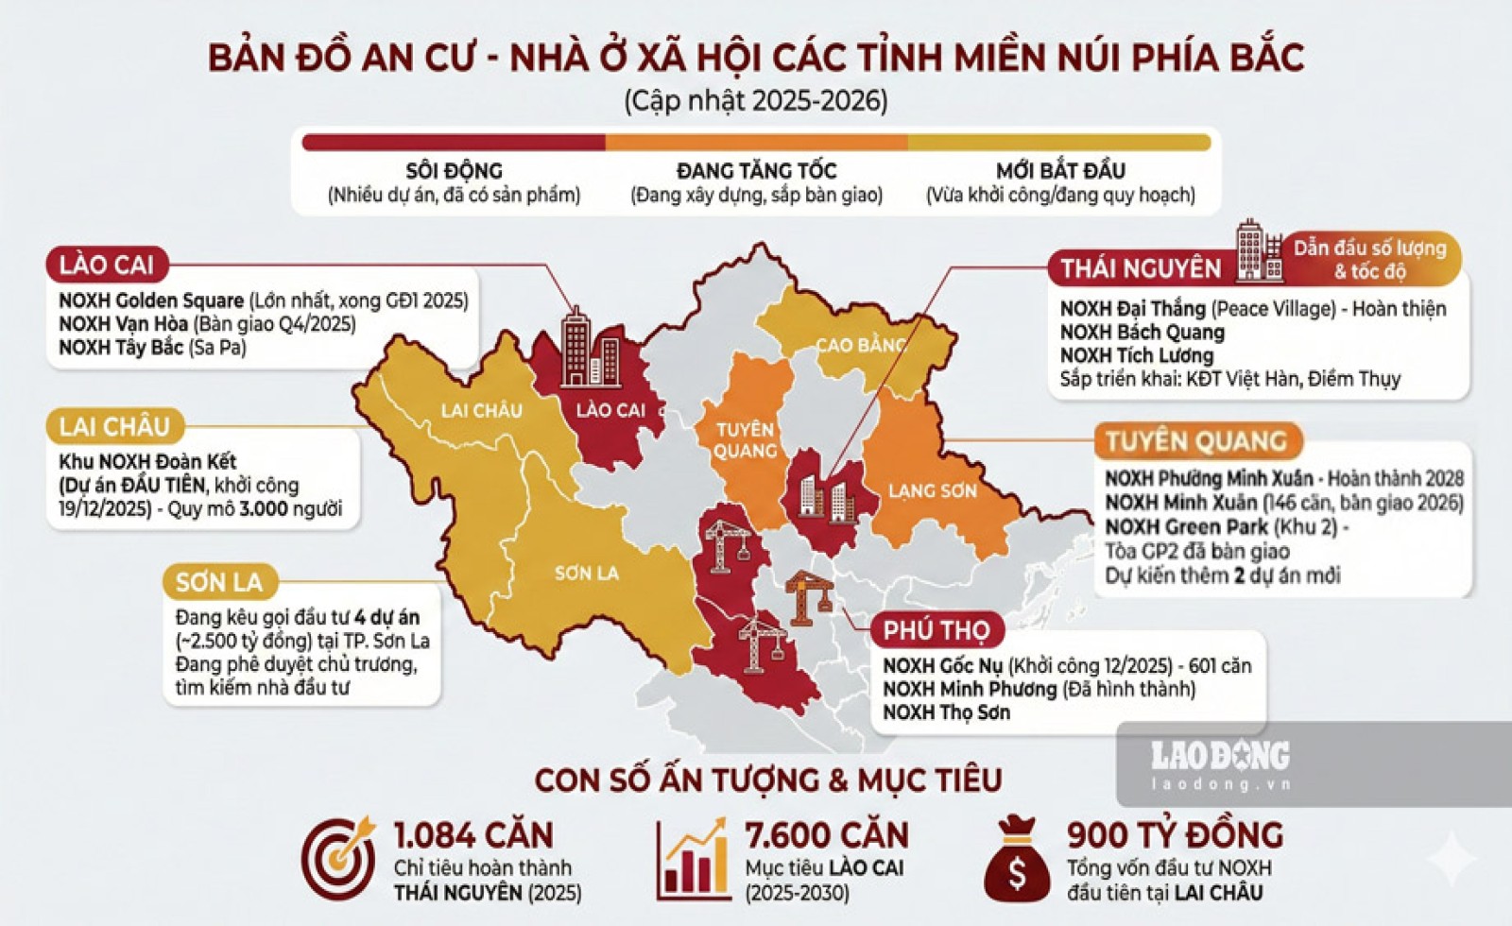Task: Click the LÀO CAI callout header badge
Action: pyautogui.click(x=106, y=265)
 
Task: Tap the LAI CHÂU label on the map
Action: pyautogui.click(x=481, y=410)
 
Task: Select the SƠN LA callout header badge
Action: pyautogui.click(x=218, y=581)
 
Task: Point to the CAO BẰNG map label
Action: pyautogui.click(x=861, y=345)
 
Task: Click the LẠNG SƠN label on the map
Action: pyautogui.click(x=931, y=490)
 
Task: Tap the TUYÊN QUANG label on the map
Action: pyautogui.click(x=746, y=440)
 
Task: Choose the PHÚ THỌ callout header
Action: pyautogui.click(x=936, y=630)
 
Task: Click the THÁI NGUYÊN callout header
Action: pyautogui.click(x=1141, y=268)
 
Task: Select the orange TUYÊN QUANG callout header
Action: pyautogui.click(x=1196, y=441)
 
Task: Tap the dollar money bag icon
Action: pyautogui.click(x=1017, y=860)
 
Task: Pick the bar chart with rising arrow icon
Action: pyautogui.click(x=693, y=860)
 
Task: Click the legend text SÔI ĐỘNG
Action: pyautogui.click(x=454, y=171)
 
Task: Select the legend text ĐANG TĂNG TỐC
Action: pyautogui.click(x=756, y=171)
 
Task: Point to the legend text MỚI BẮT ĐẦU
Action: pyautogui.click(x=1060, y=171)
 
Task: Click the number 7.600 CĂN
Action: pyautogui.click(x=826, y=835)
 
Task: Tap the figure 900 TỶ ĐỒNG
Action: pyautogui.click(x=1175, y=835)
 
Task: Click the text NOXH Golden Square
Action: pyautogui.click(x=151, y=300)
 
